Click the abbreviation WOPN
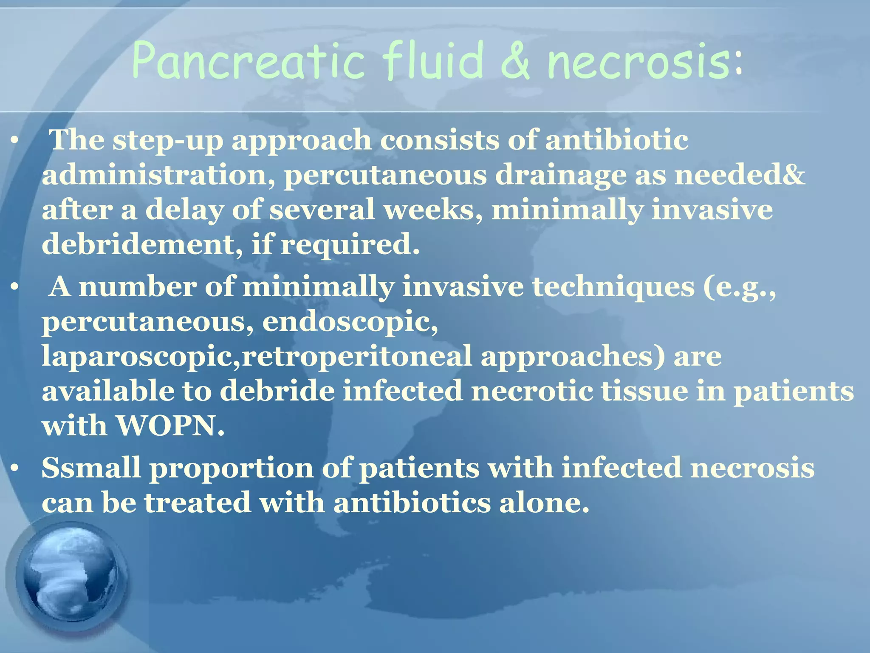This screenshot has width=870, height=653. coord(170,426)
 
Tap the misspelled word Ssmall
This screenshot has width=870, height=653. coord(91,468)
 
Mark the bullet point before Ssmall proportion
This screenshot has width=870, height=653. coord(15,468)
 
